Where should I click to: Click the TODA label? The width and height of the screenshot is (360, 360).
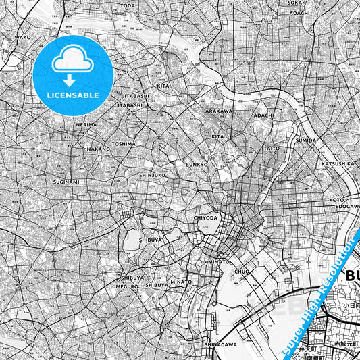pos(127,5)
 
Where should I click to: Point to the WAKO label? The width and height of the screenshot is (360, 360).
pos(23,38)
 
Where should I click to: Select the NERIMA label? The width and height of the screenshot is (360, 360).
pos(86,125)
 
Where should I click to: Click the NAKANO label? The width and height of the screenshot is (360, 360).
pos(99,149)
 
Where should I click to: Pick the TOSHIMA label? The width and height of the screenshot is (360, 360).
pos(124,143)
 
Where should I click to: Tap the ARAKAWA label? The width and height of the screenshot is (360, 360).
pos(219,111)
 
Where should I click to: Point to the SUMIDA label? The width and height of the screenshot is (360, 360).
pos(306,140)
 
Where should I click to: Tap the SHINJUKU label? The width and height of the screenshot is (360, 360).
pos(152,175)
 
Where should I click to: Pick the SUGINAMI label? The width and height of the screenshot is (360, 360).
pos(66,182)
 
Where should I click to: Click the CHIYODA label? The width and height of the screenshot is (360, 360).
pos(205,218)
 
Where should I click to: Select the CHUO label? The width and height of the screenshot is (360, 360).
pos(242,272)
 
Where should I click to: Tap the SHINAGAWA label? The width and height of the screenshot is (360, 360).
pos(220,344)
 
